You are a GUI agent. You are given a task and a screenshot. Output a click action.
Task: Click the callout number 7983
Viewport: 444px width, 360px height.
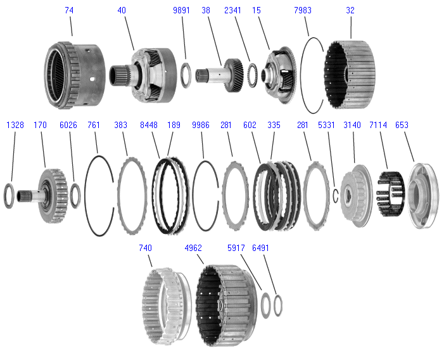point(303,11)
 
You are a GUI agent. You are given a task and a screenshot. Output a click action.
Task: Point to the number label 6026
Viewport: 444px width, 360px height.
point(68,125)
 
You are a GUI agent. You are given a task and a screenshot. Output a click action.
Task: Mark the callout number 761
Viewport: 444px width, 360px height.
point(94,125)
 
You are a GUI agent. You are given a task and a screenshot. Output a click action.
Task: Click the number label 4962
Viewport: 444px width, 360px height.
point(194,248)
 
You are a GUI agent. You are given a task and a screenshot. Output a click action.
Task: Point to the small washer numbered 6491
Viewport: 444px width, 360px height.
point(277,305)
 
